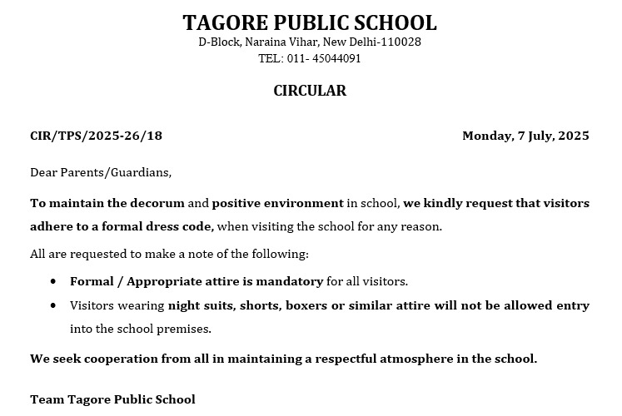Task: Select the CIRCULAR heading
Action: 310,91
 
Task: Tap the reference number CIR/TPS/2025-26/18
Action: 97,136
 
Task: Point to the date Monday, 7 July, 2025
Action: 525,136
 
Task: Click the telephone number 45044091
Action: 336,59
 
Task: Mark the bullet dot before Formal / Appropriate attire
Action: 53,282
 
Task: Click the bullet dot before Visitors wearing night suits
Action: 53,306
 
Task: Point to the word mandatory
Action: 289,282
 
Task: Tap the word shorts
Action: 259,305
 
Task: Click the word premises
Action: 187,329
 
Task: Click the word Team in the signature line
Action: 47,399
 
